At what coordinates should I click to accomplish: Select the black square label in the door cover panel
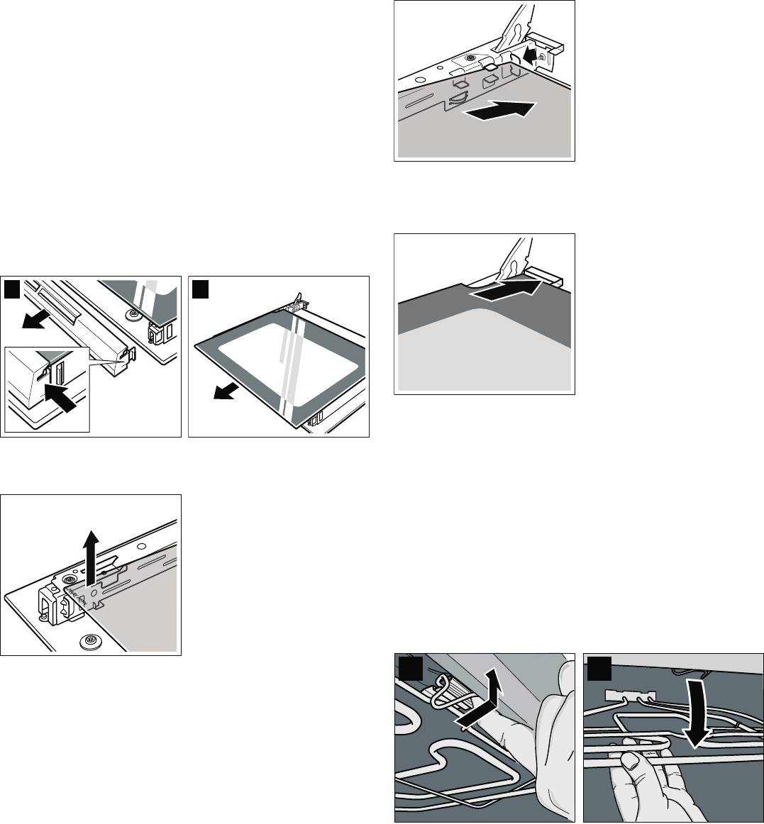(12, 288)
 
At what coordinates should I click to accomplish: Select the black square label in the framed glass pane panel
(201, 288)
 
